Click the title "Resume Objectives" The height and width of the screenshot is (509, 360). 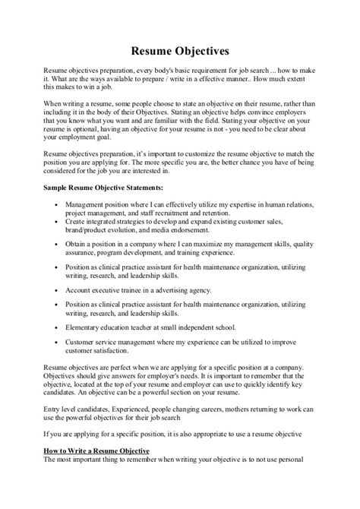coord(180,52)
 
